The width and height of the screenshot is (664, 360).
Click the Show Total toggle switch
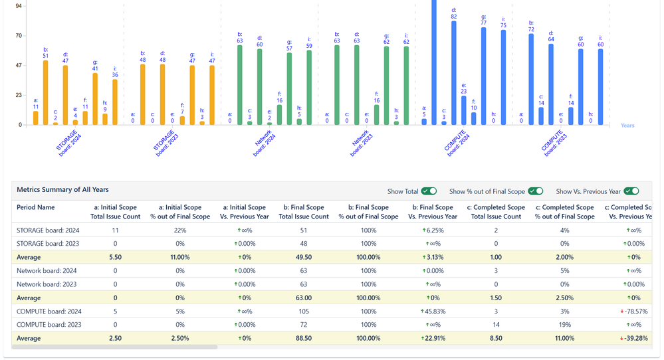coord(429,191)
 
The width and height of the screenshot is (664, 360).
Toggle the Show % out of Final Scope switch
coord(536,191)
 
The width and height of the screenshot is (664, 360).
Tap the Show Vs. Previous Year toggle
coord(631,191)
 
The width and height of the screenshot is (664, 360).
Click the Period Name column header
coord(36,208)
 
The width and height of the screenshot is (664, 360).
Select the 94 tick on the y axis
coord(19,6)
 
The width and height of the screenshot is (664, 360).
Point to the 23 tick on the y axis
coord(19,95)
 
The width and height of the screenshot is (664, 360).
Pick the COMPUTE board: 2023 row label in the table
coord(49,325)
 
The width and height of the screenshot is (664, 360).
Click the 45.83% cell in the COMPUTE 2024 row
coord(432,311)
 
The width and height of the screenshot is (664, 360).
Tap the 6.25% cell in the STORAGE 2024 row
coord(432,230)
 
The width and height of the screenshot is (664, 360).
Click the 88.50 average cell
coord(303,338)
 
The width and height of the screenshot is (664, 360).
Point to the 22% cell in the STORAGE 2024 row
coord(179,230)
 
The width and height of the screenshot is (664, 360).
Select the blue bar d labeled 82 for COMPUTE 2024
coord(454,73)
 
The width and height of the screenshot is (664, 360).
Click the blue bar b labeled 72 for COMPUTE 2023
coord(531,80)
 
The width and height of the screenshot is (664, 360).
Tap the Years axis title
coord(627,126)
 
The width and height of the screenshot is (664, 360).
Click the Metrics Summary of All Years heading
coord(62,190)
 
